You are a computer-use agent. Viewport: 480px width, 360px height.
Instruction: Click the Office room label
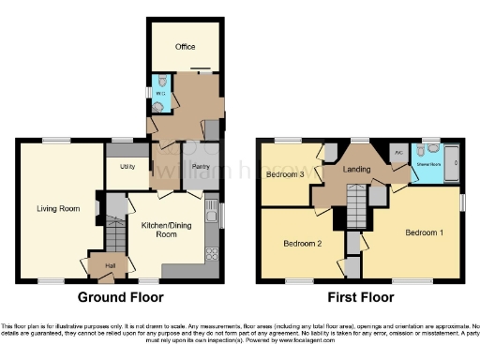tap(184, 45)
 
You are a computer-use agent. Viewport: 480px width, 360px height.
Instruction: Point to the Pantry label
tap(199, 167)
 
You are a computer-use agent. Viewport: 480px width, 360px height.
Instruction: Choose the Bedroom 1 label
tap(425, 231)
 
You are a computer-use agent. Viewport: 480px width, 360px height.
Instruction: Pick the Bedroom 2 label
tap(302, 244)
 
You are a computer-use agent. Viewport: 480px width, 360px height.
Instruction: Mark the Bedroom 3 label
tap(283, 174)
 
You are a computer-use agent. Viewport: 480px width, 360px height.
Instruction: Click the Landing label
tap(355, 170)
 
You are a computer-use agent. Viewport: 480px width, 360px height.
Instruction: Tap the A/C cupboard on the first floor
tap(397, 150)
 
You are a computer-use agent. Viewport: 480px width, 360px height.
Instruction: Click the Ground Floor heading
tap(119, 297)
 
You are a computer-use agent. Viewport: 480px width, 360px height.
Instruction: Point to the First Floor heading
tap(360, 297)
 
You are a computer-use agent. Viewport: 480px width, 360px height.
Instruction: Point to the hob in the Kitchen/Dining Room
tap(211, 253)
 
